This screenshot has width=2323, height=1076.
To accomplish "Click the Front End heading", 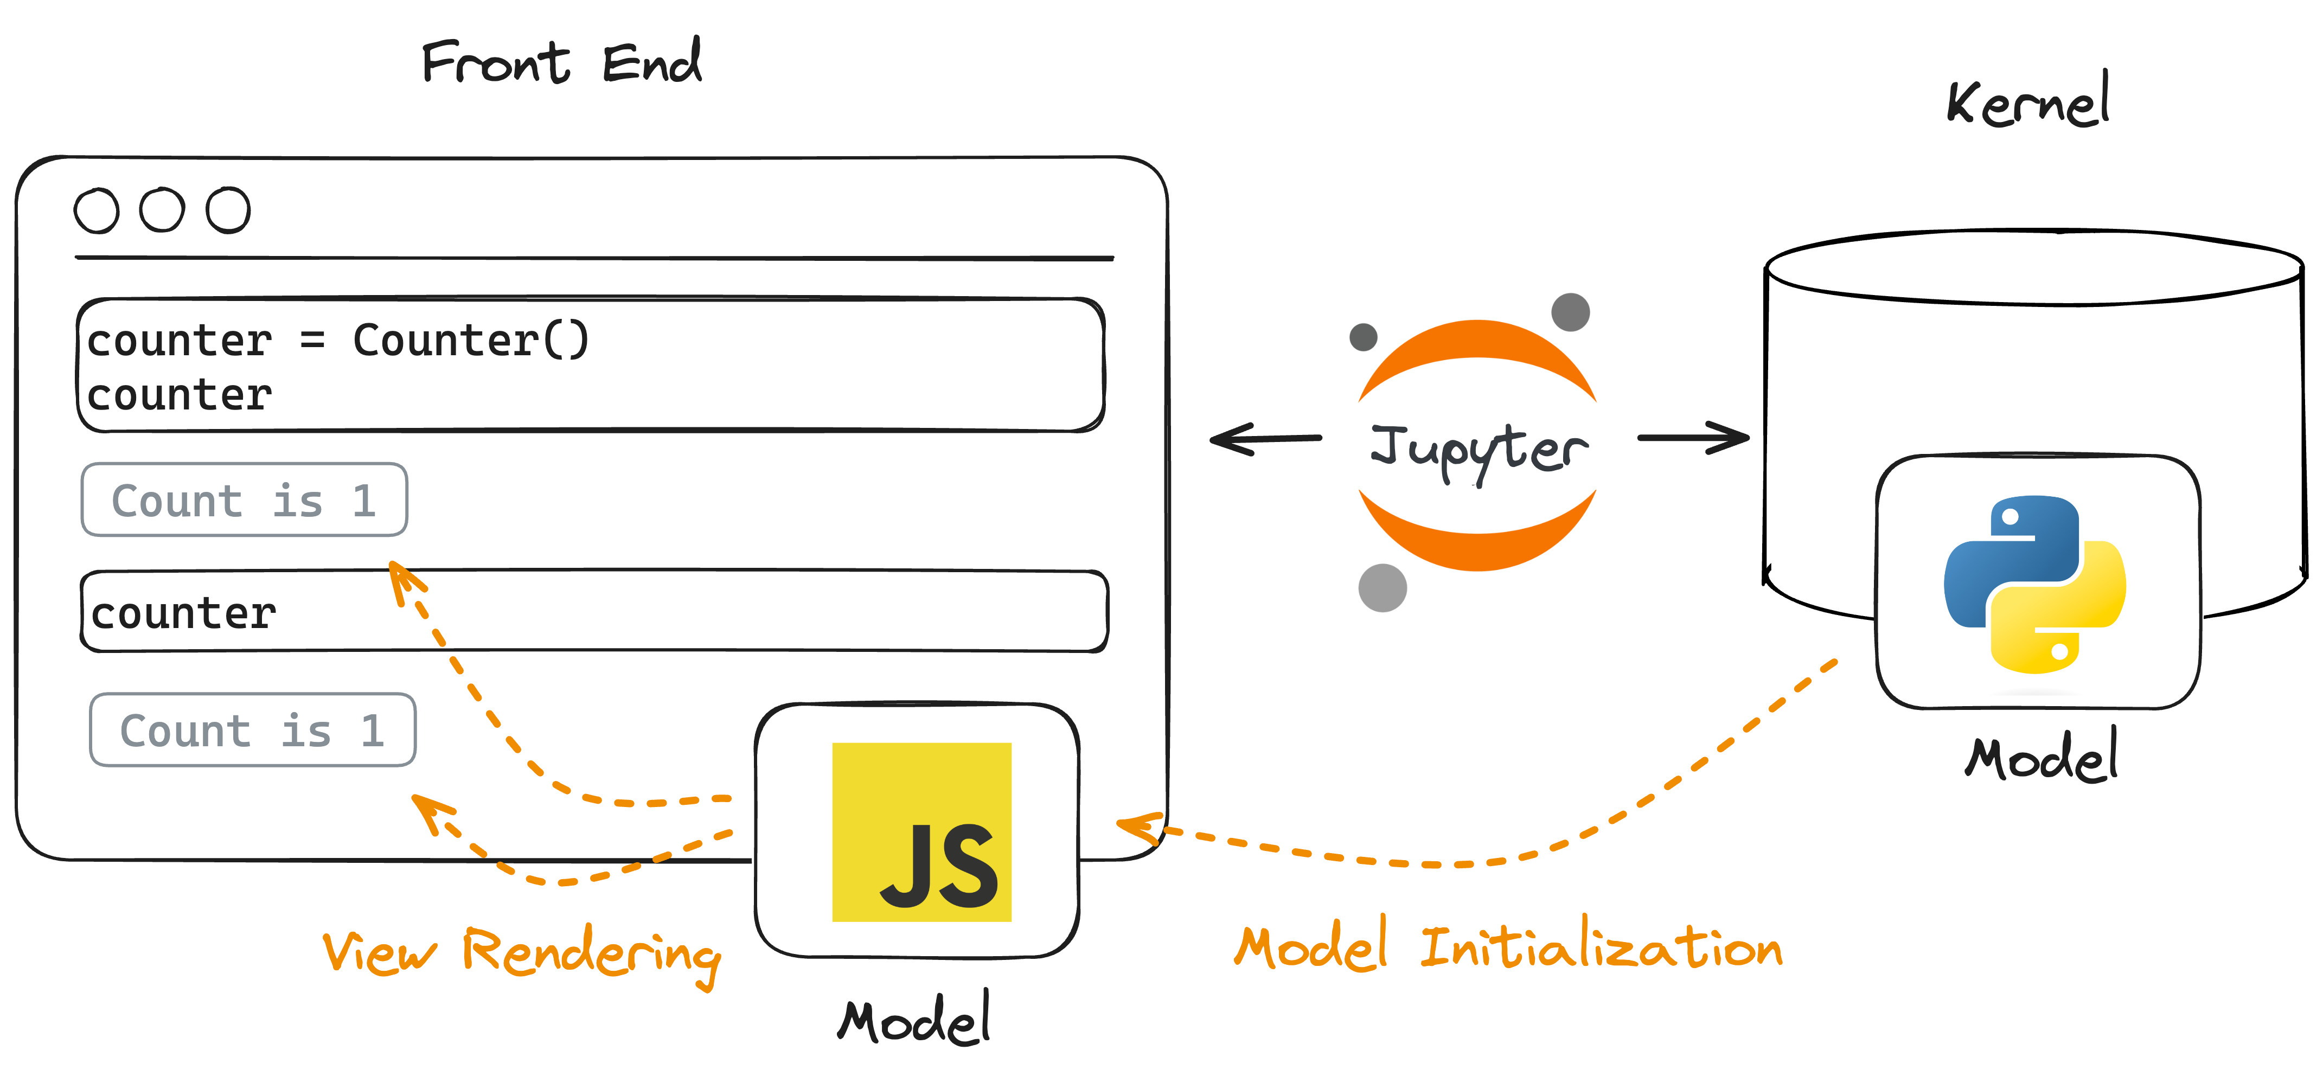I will (561, 62).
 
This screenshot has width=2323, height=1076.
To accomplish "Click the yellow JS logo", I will (921, 831).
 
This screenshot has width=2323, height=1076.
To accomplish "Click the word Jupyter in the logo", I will (1479, 449).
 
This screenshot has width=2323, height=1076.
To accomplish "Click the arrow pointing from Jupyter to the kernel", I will (1693, 438).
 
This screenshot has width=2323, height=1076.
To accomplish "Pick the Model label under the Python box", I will (2041, 758).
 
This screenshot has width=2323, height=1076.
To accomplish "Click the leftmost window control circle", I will (97, 211).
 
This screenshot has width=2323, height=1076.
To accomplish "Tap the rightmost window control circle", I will (228, 211).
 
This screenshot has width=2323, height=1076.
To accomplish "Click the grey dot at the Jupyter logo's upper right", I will (1570, 312).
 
